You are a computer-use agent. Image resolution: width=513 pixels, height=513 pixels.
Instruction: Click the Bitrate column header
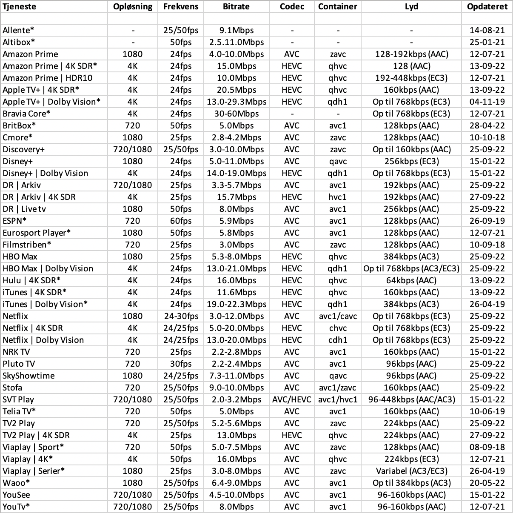click(236, 6)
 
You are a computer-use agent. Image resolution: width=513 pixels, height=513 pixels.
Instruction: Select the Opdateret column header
click(487, 6)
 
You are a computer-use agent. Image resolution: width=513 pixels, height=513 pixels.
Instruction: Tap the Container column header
click(338, 6)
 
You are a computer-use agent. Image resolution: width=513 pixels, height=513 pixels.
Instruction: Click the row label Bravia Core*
click(26, 114)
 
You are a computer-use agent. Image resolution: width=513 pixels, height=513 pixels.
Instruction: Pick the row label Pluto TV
click(19, 364)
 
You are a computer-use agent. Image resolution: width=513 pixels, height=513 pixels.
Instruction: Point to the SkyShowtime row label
click(28, 376)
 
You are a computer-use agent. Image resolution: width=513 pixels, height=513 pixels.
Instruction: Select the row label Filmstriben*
click(27, 245)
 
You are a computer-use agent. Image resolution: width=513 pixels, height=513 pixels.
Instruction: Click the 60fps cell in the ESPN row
click(181, 221)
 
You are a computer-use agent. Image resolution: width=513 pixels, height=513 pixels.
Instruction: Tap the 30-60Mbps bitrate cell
click(236, 114)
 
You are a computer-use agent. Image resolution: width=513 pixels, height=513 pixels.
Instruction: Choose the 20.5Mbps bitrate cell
click(236, 90)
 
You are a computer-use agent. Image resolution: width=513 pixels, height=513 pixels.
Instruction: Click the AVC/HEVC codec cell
click(292, 399)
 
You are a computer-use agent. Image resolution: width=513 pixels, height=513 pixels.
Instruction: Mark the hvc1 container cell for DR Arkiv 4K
click(338, 197)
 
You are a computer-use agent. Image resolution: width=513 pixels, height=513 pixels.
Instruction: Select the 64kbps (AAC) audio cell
click(411, 280)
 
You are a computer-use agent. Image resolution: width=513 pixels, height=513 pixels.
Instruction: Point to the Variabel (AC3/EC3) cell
click(411, 471)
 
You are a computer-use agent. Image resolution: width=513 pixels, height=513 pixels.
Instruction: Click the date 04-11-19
click(487, 102)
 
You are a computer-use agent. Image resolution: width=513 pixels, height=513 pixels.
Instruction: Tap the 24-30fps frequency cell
click(181, 316)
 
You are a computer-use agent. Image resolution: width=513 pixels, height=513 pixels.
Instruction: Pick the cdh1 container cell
click(338, 340)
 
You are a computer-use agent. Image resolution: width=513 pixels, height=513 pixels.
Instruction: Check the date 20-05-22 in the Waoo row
click(487, 483)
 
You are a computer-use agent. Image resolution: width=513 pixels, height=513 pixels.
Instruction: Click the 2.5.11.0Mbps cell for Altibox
click(236, 42)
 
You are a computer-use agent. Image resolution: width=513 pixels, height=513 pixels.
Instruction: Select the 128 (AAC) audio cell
click(411, 66)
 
